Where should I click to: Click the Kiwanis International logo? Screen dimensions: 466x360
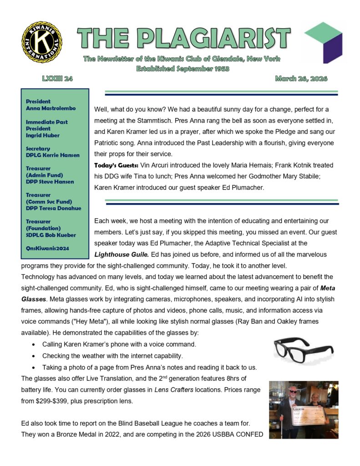point(42,42)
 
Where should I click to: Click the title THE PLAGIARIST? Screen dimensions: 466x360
point(183,38)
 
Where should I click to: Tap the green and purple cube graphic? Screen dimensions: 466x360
point(323,42)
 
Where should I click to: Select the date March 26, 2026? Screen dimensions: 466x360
point(301,79)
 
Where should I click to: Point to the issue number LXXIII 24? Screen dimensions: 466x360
point(57,79)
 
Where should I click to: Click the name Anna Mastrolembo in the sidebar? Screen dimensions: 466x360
point(51,108)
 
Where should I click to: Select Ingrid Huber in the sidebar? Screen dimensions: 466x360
point(43,135)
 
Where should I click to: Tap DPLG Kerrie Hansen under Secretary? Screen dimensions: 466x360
point(52,155)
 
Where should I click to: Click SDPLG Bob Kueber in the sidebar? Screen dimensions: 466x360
point(51,235)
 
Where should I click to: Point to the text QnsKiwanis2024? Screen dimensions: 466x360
point(48,248)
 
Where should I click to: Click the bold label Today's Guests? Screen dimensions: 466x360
point(114,165)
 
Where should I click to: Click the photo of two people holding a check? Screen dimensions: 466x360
point(303,410)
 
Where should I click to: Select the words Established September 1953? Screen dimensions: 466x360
point(183,69)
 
